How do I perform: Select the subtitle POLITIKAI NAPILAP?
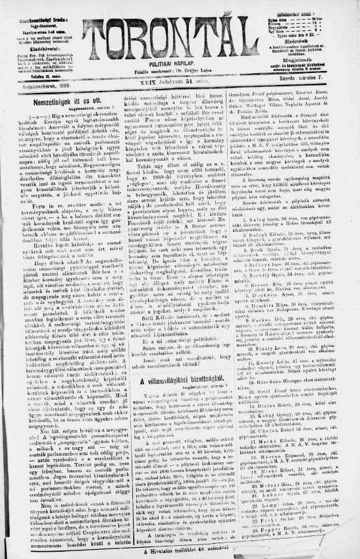(180, 76)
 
